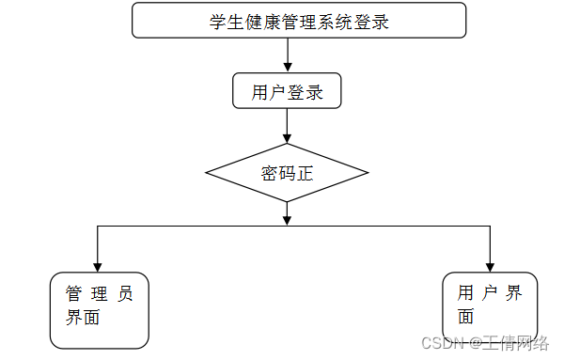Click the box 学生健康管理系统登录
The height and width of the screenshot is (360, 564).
299,21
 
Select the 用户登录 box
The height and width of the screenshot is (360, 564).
287,91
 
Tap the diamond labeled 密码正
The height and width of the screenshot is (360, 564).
287,173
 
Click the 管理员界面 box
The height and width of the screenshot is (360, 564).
99,309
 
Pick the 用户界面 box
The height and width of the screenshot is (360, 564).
490,305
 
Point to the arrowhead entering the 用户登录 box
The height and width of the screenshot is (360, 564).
287,68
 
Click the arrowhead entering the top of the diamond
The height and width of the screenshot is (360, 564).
287,137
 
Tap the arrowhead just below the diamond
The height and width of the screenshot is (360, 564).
287,220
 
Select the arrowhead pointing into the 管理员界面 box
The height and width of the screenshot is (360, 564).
98,265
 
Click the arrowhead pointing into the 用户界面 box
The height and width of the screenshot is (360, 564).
490,265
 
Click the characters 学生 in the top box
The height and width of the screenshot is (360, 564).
227,22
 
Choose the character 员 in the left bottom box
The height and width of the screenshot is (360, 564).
125,293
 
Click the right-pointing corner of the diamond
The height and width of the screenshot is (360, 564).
367,173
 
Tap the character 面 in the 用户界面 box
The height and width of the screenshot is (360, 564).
465,318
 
